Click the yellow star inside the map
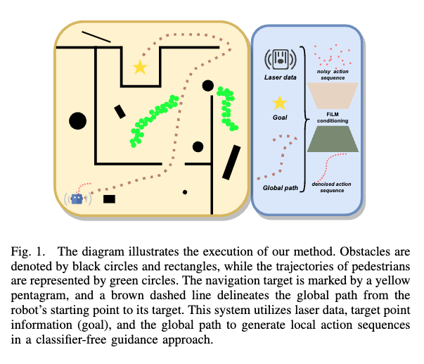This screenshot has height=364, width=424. [140, 68]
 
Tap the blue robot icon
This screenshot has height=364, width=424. [77, 199]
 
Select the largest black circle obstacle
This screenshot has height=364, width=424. [78, 120]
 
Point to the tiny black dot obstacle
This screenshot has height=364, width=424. [185, 192]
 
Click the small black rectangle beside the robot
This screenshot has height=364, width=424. [109, 199]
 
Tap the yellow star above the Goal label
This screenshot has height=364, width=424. [280, 103]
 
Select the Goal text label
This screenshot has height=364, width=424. [279, 121]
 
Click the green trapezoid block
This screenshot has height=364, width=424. [333, 139]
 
